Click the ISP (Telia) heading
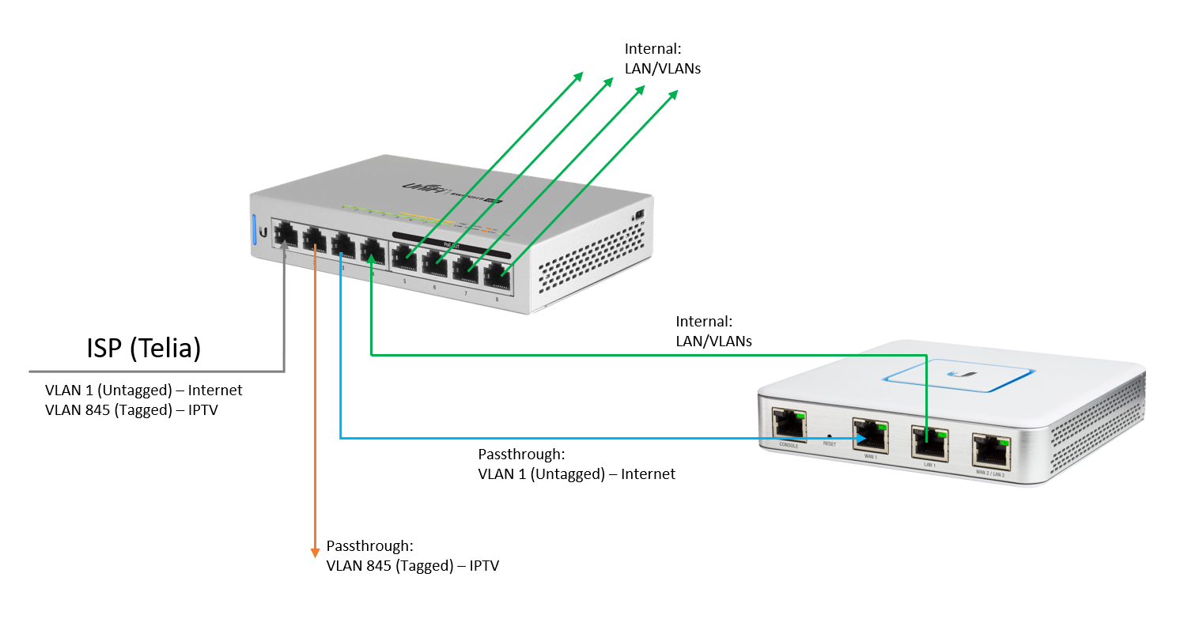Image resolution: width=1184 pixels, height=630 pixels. tap(142, 349)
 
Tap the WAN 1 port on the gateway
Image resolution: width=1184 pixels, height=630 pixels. tap(869, 434)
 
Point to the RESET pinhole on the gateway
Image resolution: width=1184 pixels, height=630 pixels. tap(829, 436)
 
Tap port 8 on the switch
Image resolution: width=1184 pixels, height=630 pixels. tap(496, 274)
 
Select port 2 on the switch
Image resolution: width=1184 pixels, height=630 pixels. tap(315, 240)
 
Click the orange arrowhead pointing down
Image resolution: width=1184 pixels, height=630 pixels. tap(315, 551)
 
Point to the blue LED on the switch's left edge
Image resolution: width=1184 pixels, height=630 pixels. tap(255, 229)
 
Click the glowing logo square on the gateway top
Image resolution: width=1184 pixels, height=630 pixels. tap(961, 375)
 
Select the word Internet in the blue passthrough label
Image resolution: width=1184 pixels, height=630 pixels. tap(648, 474)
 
